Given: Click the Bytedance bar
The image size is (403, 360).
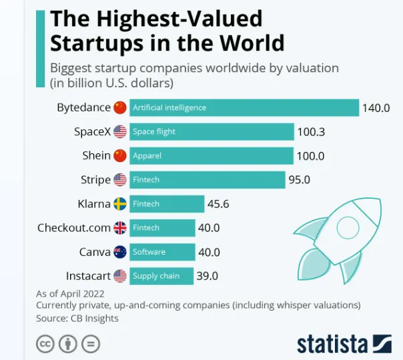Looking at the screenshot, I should coord(244,107).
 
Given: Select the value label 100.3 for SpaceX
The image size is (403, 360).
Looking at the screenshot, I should coord(311,132).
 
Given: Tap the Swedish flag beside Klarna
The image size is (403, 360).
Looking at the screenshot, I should coord(120,204).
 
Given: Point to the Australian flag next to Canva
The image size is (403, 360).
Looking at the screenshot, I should coord(120,252).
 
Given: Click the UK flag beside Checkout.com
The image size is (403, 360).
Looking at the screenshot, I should coord(120,228).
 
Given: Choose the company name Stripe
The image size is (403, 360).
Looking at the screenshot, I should coord(95,180).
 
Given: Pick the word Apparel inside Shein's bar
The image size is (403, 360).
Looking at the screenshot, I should coord(147,156).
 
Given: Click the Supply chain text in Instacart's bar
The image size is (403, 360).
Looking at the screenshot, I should coord(155,276).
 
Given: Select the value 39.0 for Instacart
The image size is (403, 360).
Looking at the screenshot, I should coord(208,276).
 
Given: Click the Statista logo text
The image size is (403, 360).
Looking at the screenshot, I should coord(332,344).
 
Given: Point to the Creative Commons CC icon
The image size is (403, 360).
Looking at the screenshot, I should coord(45,344).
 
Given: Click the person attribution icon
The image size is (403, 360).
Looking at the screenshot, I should coord(67,344).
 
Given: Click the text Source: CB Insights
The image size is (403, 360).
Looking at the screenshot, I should coord(77,319).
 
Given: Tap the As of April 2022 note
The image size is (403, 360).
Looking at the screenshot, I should coord(70,293).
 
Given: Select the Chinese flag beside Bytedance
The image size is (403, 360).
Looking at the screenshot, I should coord(120,107).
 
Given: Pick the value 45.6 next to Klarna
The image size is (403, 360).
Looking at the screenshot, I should coord(218,204).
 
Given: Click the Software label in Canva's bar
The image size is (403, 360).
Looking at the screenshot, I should coord(149,252).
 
